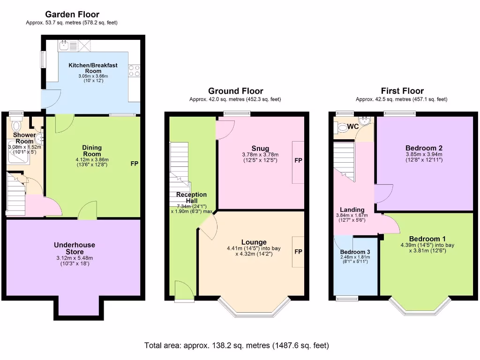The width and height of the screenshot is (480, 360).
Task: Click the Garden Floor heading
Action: (72, 15)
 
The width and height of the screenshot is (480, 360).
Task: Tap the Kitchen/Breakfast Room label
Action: (93, 68)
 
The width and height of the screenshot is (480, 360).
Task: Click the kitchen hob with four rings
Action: (134, 71)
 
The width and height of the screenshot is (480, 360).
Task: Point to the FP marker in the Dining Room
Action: (135, 164)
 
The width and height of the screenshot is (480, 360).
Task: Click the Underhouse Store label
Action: (75, 248)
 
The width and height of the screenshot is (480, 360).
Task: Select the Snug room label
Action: (260, 149)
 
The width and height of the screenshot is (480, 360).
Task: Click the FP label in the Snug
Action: (299, 160)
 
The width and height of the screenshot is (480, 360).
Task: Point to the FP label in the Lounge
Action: (299, 252)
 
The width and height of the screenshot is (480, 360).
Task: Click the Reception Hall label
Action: (191, 198)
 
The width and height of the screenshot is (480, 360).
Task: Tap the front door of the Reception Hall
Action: (184, 292)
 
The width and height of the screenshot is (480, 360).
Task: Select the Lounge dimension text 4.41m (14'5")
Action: (244, 248)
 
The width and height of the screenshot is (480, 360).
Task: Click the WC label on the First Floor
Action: (353, 127)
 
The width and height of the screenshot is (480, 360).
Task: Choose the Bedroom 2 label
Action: (424, 148)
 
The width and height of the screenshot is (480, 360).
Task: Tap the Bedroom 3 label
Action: (355, 252)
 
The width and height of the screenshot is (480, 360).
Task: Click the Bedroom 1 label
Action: (427, 239)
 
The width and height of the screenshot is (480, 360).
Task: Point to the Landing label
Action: (352, 210)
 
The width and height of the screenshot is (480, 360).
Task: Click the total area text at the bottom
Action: (237, 345)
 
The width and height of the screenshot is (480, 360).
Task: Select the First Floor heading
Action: (402, 91)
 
